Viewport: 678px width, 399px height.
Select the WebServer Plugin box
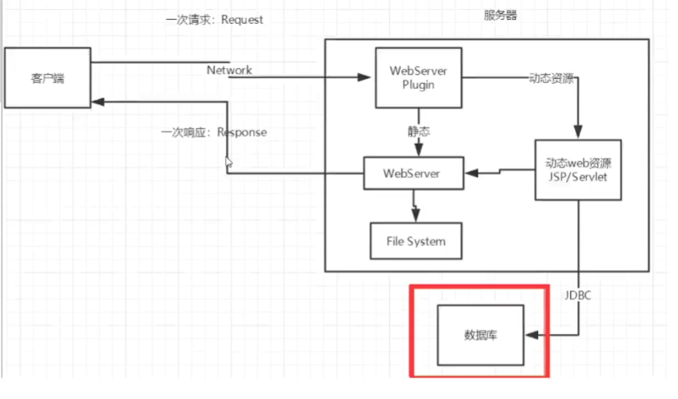pos(418,77)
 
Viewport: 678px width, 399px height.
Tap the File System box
pos(415,241)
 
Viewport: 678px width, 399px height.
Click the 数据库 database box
pos(480,335)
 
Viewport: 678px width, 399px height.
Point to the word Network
pos(229,70)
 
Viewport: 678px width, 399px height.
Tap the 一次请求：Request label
pos(214,20)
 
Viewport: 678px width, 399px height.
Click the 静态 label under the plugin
pos(418,130)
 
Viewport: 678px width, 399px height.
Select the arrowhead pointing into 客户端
pos(98,101)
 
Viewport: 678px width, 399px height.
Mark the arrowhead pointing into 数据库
pos(531,336)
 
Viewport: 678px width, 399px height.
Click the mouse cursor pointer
pos(229,163)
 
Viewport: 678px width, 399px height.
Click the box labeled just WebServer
pos(411,174)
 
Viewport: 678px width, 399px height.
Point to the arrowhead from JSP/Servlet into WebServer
pos(470,174)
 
